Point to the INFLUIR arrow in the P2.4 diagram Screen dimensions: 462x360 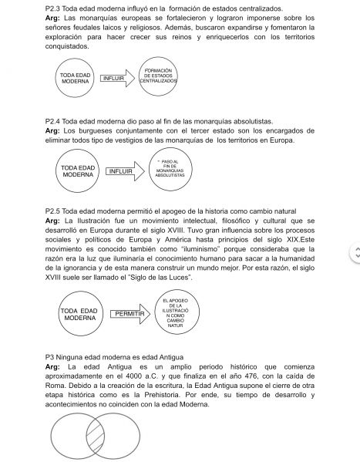click(120, 172)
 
